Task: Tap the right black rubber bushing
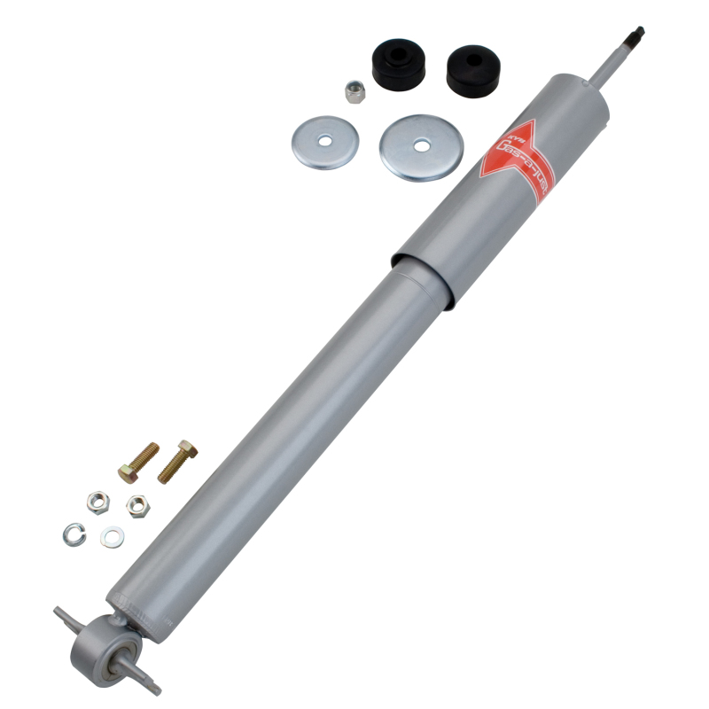coord(471,70)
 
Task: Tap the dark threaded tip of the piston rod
coord(635,35)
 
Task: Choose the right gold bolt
coord(177,462)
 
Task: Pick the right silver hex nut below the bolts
coord(136,505)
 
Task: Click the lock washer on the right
coord(112,536)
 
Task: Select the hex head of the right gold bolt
coord(187,448)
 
